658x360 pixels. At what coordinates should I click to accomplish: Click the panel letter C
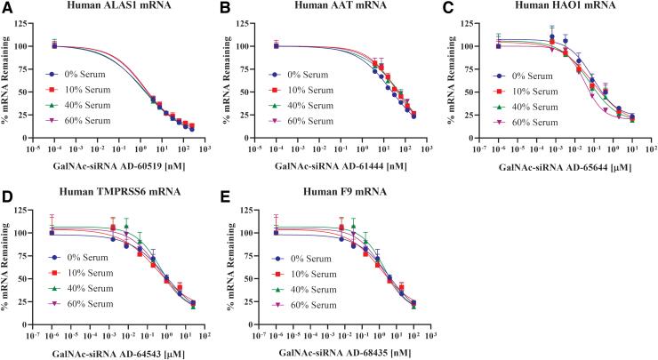pyautogui.click(x=447, y=8)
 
